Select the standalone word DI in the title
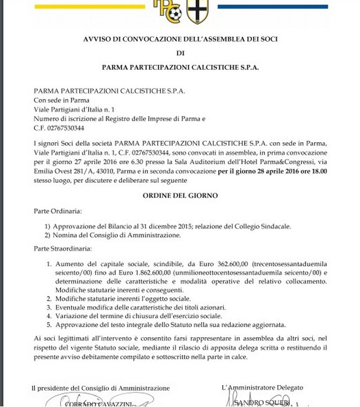[x=180, y=54]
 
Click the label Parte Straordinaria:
[x=61, y=248]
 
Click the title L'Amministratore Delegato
[x=263, y=388]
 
